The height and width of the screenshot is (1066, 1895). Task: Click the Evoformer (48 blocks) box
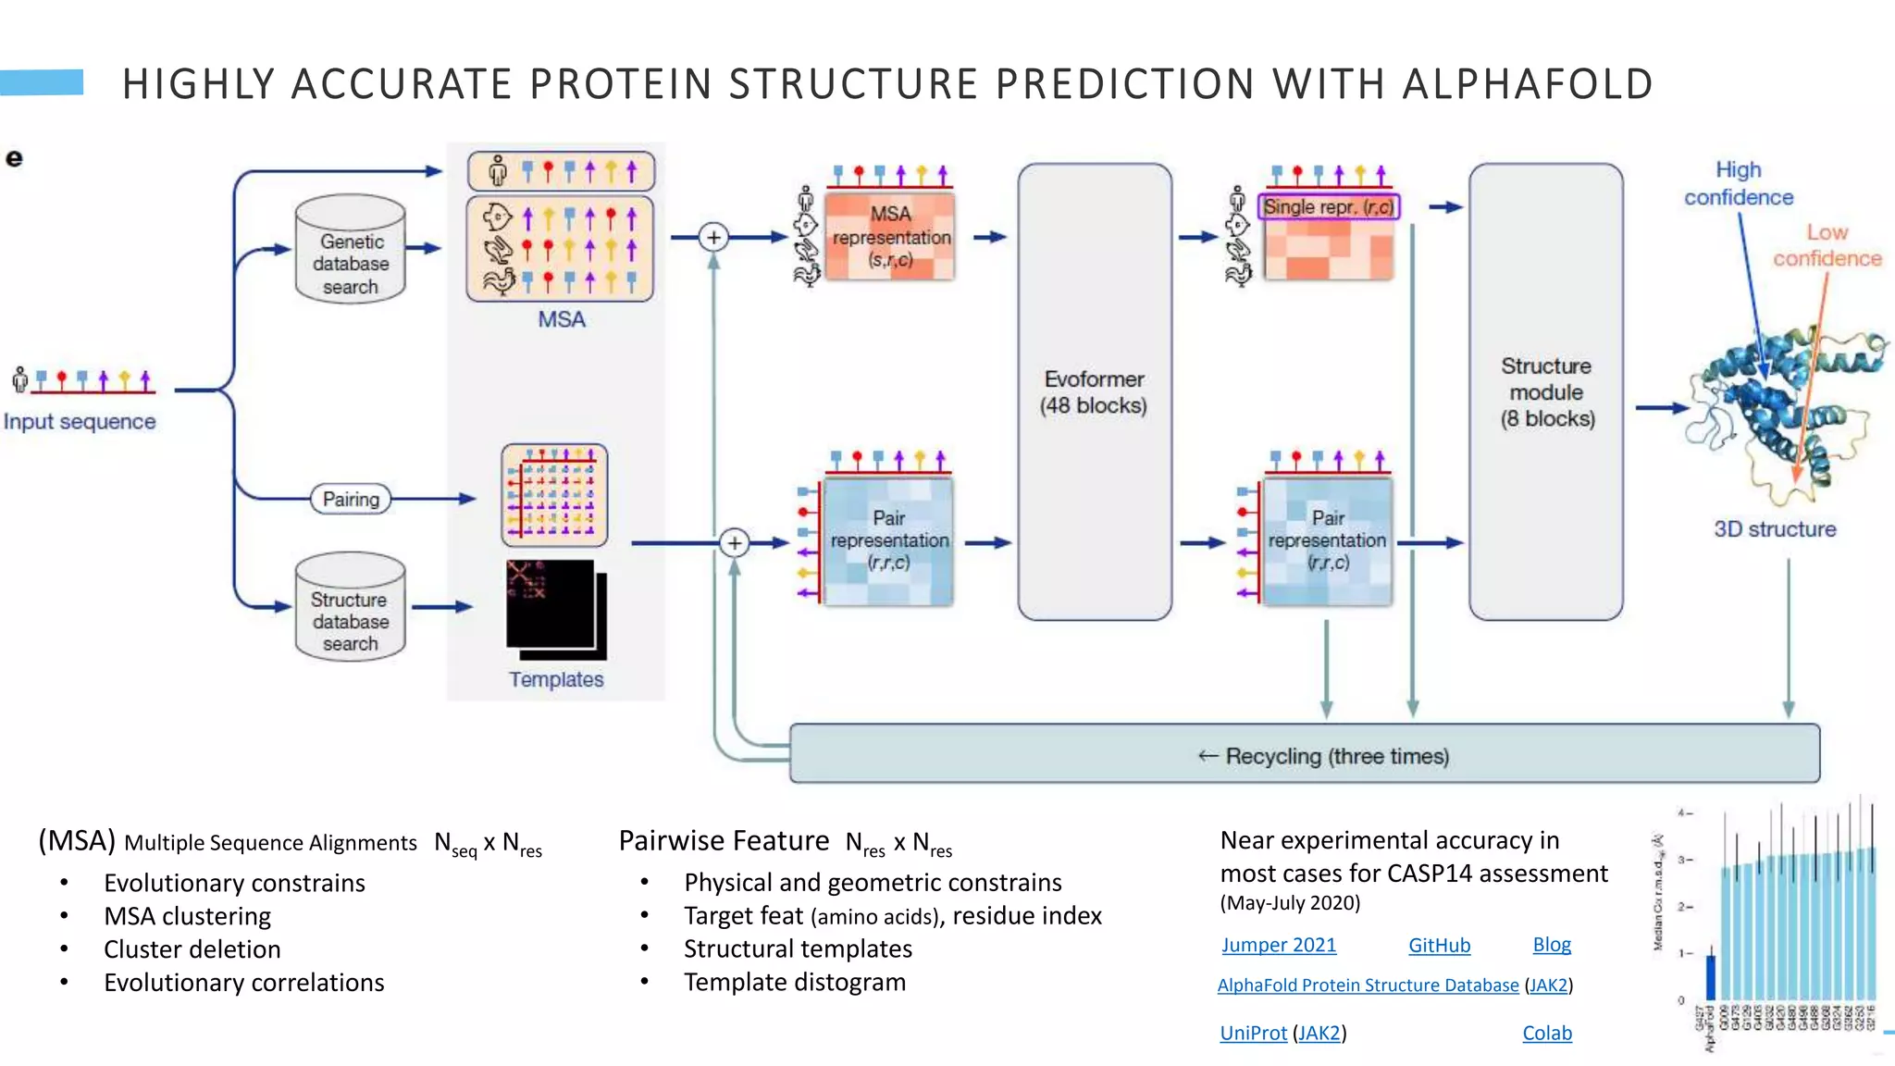pyautogui.click(x=1095, y=392)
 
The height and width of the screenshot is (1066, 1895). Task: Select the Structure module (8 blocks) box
pyautogui.click(x=1546, y=392)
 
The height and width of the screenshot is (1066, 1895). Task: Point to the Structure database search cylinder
pyautogui.click(x=351, y=609)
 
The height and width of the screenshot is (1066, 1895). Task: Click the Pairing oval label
pyautogui.click(x=351, y=499)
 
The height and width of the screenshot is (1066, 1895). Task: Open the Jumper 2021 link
pyautogui.click(x=1279, y=945)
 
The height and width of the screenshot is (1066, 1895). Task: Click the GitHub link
pyautogui.click(x=1439, y=945)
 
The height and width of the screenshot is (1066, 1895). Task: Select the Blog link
pyautogui.click(x=1552, y=945)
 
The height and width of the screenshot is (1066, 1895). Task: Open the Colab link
pyautogui.click(x=1547, y=1033)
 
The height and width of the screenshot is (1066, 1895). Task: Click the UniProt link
pyautogui.click(x=1253, y=1033)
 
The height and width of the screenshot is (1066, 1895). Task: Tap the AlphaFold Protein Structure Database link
pyautogui.click(x=1368, y=985)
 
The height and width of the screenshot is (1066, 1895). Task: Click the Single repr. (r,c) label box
pyautogui.click(x=1329, y=206)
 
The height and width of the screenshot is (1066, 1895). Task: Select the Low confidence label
pyautogui.click(x=1827, y=245)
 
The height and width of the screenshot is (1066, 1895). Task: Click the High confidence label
pyautogui.click(x=1738, y=183)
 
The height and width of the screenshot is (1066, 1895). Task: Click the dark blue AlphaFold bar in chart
pyautogui.click(x=1711, y=977)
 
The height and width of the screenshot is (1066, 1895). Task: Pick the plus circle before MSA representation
pyautogui.click(x=713, y=238)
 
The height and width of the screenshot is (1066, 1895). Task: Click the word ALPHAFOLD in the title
pyautogui.click(x=1527, y=84)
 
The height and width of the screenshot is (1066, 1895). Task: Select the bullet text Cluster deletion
pyautogui.click(x=192, y=949)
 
